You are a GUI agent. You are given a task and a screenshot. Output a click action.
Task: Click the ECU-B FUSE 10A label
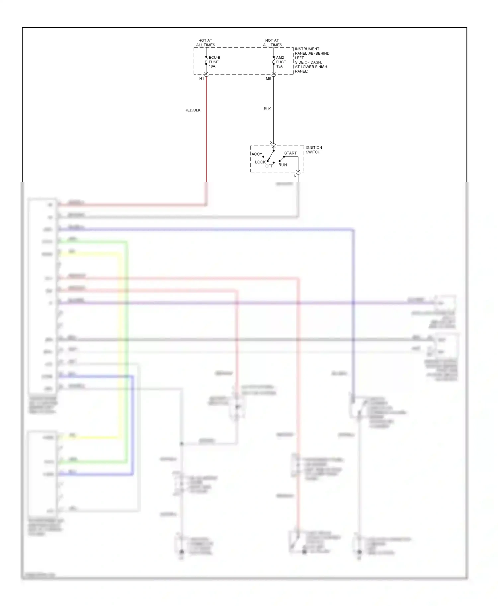pos(214,62)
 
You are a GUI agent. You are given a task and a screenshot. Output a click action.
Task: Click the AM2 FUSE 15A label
pos(281,62)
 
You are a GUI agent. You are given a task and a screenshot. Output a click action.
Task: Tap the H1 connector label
pos(202,79)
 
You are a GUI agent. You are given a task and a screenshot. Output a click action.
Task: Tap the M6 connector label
pos(268,79)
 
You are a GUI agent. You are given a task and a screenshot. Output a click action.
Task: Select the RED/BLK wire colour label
pos(193,110)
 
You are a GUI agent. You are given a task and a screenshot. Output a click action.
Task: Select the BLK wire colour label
pos(267,109)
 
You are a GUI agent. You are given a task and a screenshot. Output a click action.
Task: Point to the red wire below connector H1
pos(206,133)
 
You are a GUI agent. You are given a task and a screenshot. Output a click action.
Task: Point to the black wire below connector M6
pos(274,126)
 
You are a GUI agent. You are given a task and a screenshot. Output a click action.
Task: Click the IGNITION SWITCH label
pos(313,150)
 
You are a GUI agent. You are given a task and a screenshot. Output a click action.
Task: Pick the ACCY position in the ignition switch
pos(257,154)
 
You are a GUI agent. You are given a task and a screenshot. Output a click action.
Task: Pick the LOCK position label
pos(260,162)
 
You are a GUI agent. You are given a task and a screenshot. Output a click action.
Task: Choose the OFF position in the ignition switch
pos(269,166)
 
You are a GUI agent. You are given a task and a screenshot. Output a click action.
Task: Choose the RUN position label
pos(283,165)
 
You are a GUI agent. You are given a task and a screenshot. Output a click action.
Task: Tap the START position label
pos(290,153)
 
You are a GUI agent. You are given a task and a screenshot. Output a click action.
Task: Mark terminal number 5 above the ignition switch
pos(271,143)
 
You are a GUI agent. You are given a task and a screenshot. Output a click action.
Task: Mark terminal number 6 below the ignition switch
pos(294,176)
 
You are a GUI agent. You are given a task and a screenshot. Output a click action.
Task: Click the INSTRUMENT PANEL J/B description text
pos(312,60)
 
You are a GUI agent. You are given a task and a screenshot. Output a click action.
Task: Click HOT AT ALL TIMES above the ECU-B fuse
pos(206,43)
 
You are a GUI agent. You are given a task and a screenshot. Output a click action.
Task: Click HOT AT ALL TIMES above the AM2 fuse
pos(273,43)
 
